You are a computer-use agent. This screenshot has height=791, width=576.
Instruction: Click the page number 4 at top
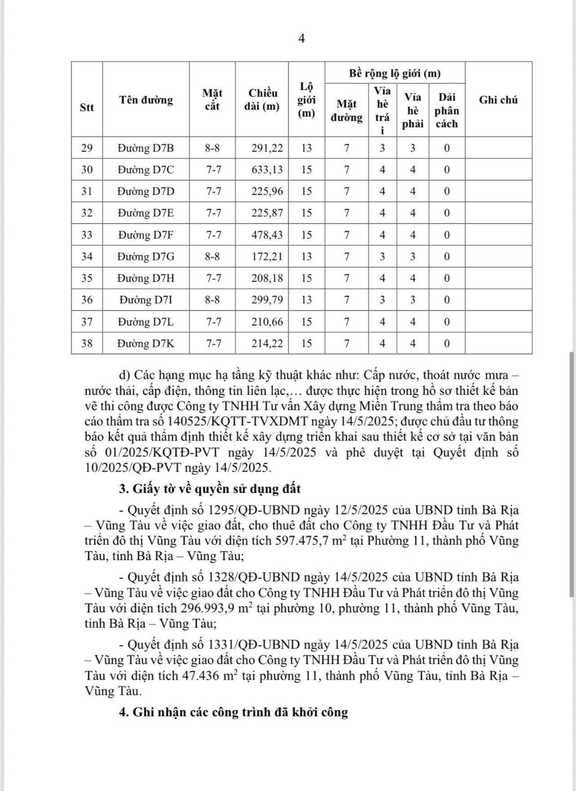pos(301,39)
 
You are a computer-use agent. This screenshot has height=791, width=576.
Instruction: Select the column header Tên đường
pos(146,100)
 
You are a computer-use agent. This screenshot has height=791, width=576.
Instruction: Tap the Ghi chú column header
pos(498,100)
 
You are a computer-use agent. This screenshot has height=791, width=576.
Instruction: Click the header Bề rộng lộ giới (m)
pos(395,73)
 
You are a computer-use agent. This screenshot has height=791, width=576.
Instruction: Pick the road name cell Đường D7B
pos(146,148)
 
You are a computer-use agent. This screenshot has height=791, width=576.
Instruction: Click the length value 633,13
pos(267,170)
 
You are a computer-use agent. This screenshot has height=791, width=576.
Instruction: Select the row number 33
pos(86,235)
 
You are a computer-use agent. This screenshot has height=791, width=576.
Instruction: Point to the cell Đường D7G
pos(146,257)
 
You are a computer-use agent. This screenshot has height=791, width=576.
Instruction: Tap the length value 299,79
pos(267,300)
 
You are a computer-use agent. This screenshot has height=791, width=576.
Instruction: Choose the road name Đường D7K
pos(146,344)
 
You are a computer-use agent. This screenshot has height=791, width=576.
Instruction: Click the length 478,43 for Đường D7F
pos(267,235)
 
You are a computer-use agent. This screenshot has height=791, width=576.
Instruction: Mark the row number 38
pos(86,344)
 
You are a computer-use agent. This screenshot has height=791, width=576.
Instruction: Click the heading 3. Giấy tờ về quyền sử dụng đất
pos(210,489)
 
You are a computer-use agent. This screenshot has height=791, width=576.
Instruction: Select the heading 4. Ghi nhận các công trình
pos(233,713)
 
